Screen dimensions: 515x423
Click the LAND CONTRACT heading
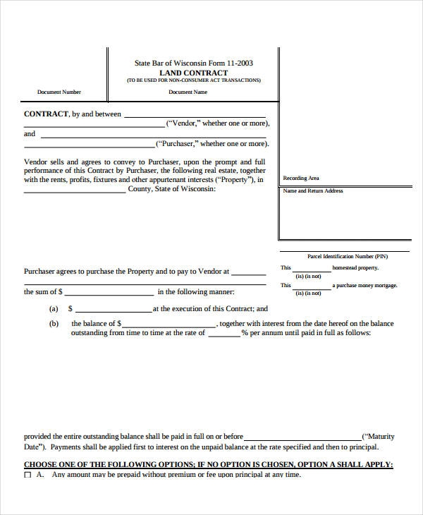pos(193,73)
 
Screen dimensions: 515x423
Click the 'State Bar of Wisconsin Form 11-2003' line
pos(193,63)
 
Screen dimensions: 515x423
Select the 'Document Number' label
pos(59,92)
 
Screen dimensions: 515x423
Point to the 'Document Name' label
pos(188,92)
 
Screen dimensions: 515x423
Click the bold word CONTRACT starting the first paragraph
pos(46,114)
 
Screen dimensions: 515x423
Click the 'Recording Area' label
pos(300,178)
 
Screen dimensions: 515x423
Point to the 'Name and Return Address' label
pos(312,191)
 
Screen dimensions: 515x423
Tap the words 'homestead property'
pos(355,268)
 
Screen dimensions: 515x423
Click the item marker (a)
pos(53,309)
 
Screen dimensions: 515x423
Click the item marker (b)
pos(53,323)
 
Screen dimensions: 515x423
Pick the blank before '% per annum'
pos(223,335)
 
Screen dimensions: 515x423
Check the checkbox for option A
pos(27,475)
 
